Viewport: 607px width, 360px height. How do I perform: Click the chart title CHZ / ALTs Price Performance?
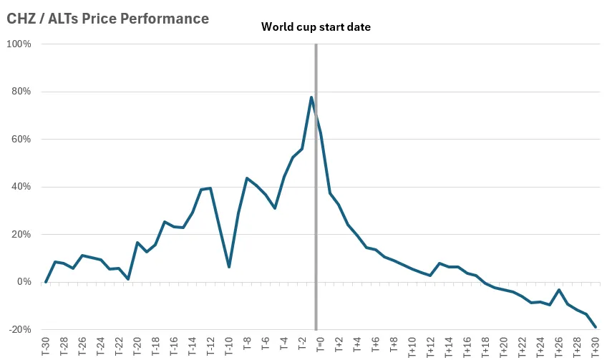[x=108, y=19]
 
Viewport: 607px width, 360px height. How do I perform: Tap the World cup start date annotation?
[x=316, y=27]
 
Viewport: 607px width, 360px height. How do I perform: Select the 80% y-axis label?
[x=20, y=92]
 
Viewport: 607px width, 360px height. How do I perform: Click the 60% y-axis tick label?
[x=20, y=140]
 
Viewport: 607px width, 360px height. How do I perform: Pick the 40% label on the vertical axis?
[x=20, y=187]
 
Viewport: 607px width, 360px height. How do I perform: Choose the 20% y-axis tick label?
[x=20, y=235]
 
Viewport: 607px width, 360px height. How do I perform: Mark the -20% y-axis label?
[x=19, y=330]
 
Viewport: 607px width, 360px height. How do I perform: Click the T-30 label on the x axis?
[x=46, y=346]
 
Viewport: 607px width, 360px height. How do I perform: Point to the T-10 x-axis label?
[x=229, y=346]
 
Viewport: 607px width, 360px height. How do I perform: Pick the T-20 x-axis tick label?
[x=137, y=346]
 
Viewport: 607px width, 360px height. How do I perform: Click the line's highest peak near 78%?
[x=311, y=97]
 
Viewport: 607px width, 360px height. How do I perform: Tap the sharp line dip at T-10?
[x=229, y=267]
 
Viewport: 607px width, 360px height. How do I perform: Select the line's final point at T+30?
[x=596, y=327]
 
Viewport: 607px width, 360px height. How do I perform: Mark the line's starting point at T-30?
[x=46, y=282]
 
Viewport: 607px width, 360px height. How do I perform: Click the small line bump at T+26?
[x=559, y=290]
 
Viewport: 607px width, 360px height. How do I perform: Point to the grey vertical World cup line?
[x=316, y=215]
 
